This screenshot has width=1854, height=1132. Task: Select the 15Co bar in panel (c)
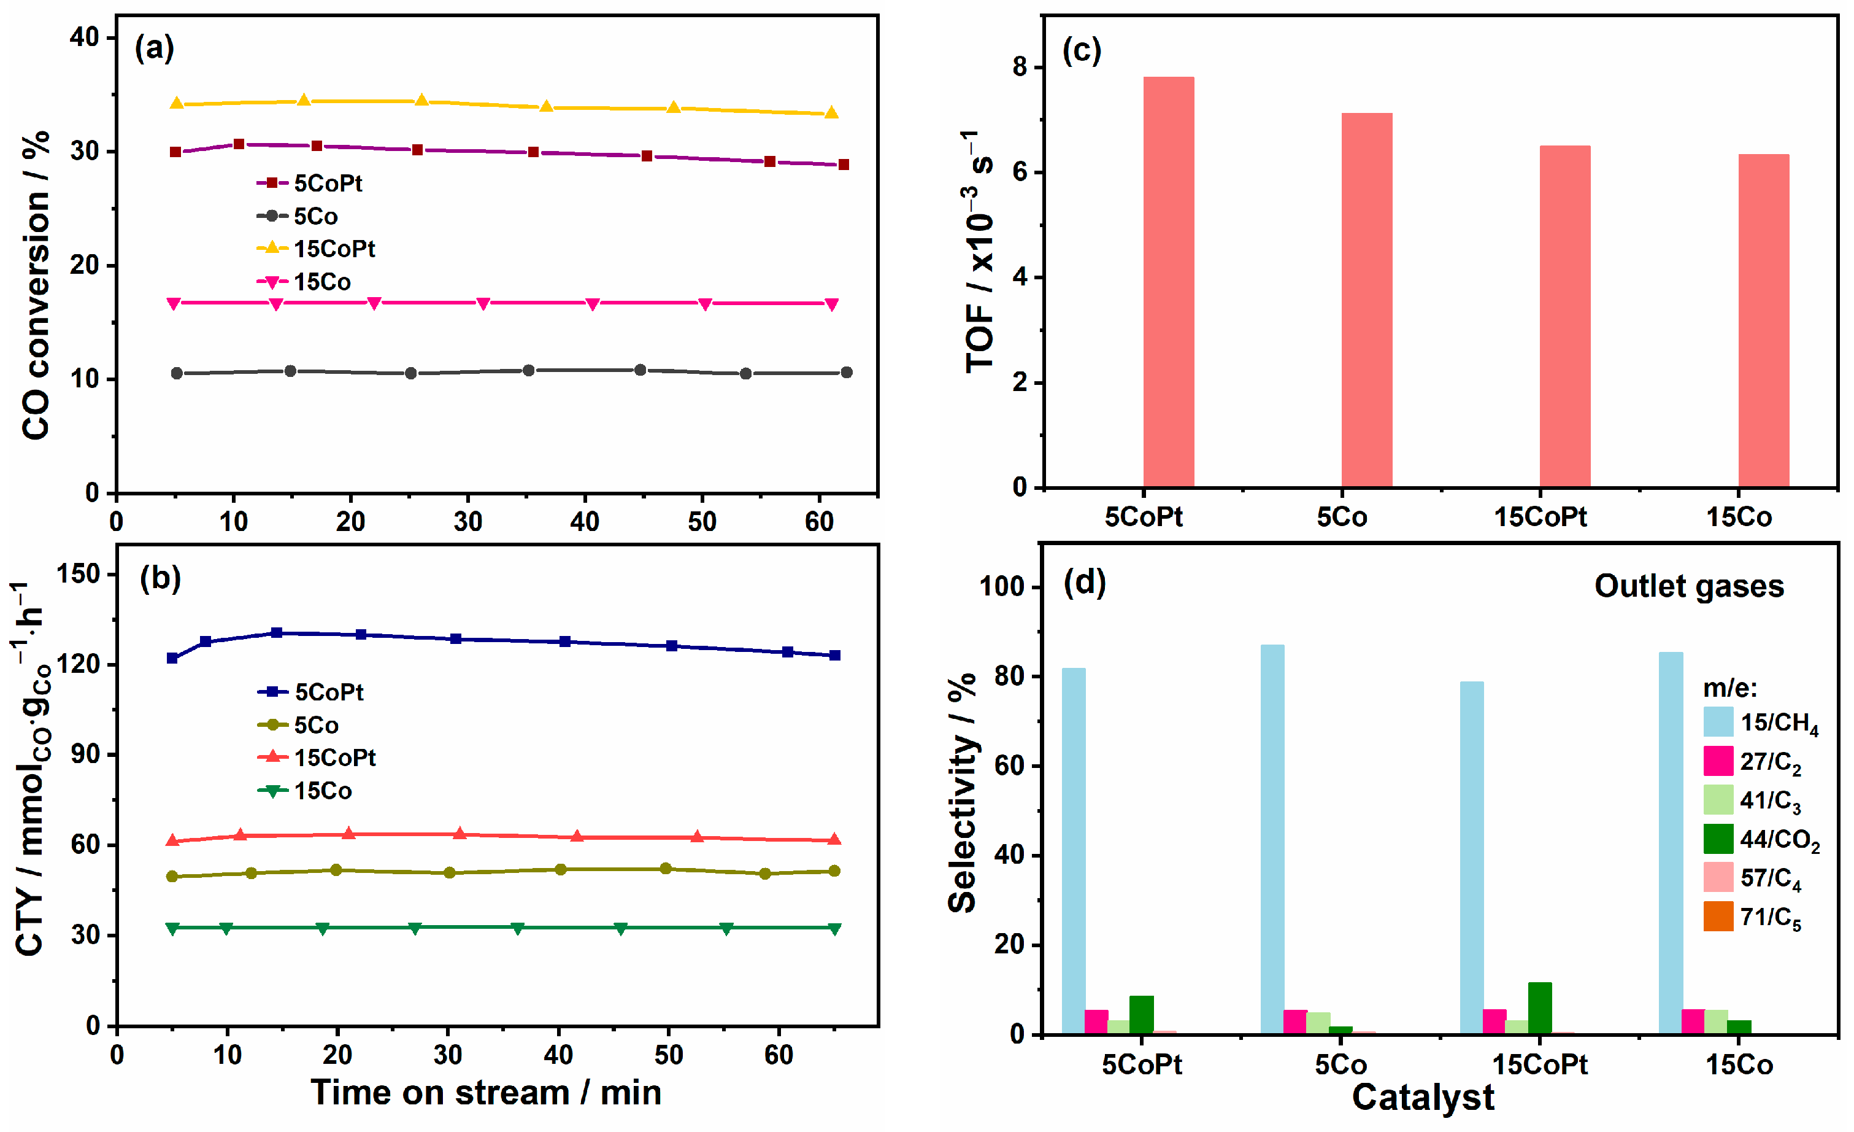(x=1763, y=320)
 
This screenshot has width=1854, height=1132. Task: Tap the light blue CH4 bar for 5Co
(x=1272, y=839)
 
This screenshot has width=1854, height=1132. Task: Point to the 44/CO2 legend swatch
(x=1718, y=839)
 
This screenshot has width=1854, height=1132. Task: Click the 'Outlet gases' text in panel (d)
(x=1688, y=586)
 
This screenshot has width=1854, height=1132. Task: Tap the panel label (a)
(x=154, y=48)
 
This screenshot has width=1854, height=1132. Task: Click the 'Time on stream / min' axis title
(x=486, y=1093)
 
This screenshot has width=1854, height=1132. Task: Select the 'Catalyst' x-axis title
(x=1422, y=1098)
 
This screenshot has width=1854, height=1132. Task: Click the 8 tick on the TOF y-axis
(x=1020, y=68)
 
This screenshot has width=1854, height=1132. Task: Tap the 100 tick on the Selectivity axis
(x=1001, y=586)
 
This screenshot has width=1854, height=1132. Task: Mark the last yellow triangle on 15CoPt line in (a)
(x=831, y=112)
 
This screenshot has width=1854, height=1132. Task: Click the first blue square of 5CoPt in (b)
(x=172, y=658)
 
